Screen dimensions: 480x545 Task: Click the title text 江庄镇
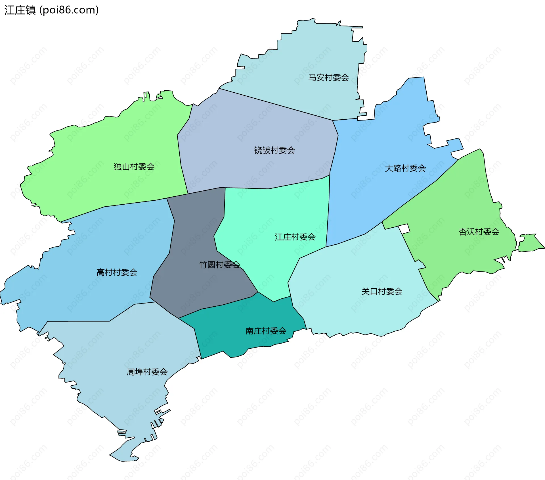pyautogui.click(x=20, y=10)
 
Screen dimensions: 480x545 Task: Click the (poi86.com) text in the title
pyautogui.click(x=69, y=10)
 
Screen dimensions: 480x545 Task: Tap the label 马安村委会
pyautogui.click(x=328, y=77)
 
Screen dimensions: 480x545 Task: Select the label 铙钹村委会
pyautogui.click(x=274, y=150)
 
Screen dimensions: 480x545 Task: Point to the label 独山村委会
pyautogui.click(x=134, y=167)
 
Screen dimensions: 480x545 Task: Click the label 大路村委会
pyautogui.click(x=405, y=168)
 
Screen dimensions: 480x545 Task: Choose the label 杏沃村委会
pyautogui.click(x=479, y=232)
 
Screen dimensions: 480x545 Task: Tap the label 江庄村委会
pyautogui.click(x=295, y=237)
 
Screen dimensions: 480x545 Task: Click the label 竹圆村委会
pyautogui.click(x=219, y=265)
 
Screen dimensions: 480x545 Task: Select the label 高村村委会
pyautogui.click(x=117, y=272)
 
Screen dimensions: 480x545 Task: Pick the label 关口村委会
pyautogui.click(x=382, y=291)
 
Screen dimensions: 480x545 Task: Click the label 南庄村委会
pyautogui.click(x=266, y=331)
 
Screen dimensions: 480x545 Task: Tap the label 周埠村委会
pyautogui.click(x=147, y=372)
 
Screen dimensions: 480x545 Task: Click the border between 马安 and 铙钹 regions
pyautogui.click(x=275, y=104)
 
